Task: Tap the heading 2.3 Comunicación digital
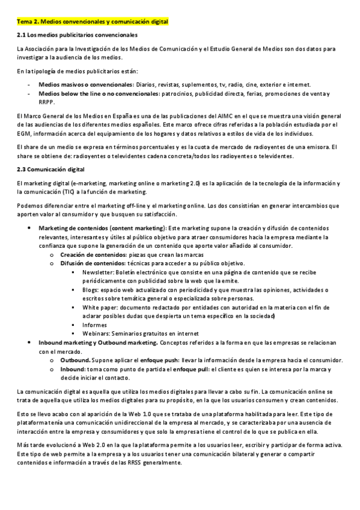click(x=50, y=169)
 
